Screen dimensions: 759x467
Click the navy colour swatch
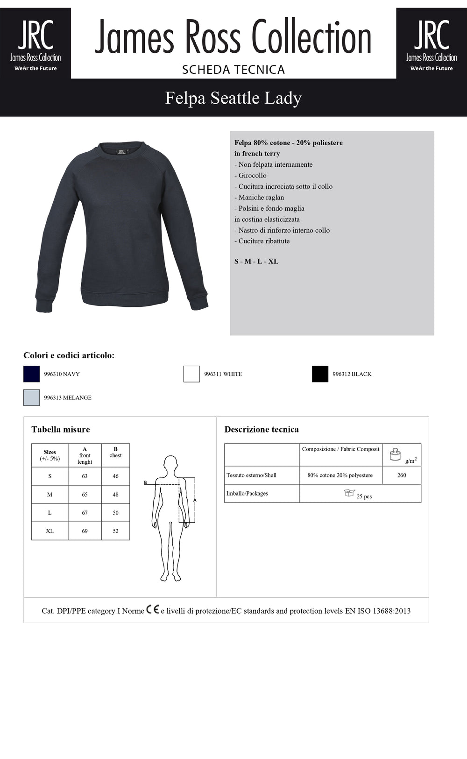[x=31, y=374]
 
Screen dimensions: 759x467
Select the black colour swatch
[x=320, y=374]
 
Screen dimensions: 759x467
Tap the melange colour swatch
[x=31, y=397]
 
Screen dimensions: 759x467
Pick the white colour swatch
[x=191, y=374]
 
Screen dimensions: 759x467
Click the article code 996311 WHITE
[x=223, y=374]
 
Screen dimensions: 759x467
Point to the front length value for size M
[x=85, y=494]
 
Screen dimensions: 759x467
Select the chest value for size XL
[x=115, y=531]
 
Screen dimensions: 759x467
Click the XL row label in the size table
[x=50, y=531]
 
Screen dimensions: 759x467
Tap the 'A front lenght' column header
[x=85, y=455]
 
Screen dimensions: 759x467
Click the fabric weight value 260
[x=402, y=475]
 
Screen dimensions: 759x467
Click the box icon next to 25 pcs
[x=349, y=493]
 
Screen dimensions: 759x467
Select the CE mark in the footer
[x=153, y=610]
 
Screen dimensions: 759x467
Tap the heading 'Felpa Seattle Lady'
[x=233, y=98]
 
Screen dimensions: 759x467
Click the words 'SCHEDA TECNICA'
[x=233, y=70]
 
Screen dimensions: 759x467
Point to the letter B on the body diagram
[x=145, y=482]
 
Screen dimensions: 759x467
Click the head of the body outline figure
[x=170, y=463]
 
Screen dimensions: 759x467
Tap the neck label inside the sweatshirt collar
[x=121, y=151]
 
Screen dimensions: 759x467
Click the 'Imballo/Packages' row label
[x=247, y=493]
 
